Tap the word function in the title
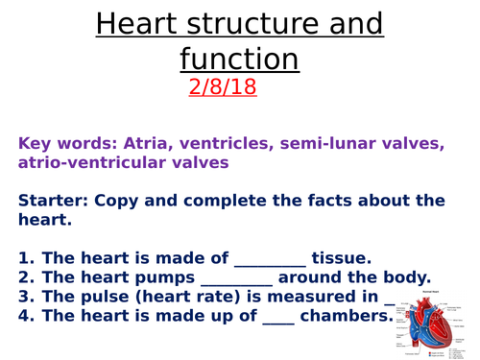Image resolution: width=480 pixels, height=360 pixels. [x=239, y=60]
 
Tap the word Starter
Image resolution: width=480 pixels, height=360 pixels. [x=49, y=201]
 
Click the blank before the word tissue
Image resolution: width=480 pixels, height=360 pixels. [x=270, y=259]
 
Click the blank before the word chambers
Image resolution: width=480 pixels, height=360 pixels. [x=277, y=318]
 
